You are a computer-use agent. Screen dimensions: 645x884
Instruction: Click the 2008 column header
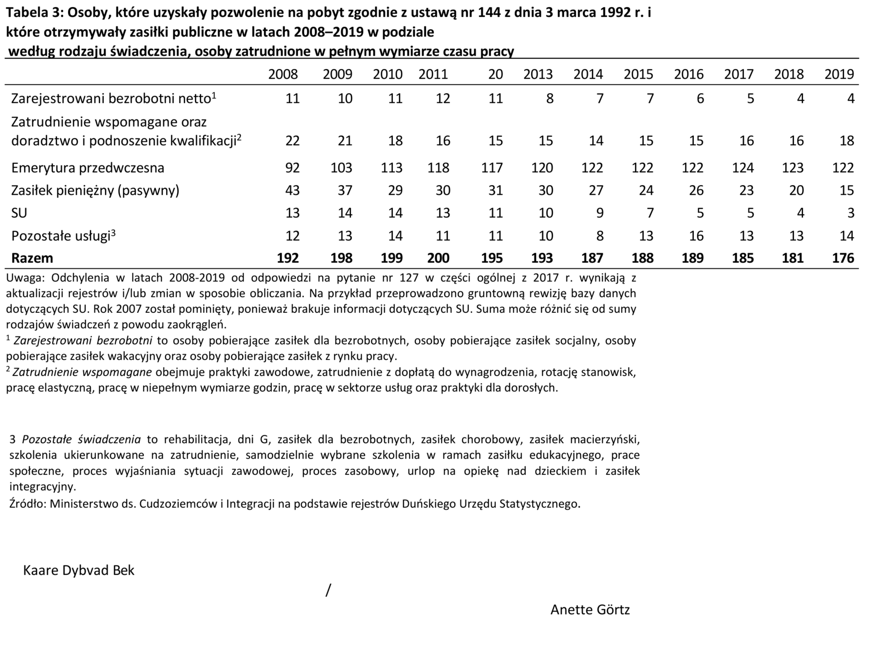(x=283, y=74)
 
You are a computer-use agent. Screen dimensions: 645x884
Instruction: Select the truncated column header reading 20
(x=495, y=74)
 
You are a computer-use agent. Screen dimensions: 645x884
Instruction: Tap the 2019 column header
(x=839, y=74)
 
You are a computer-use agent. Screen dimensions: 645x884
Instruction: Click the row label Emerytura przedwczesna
(x=88, y=168)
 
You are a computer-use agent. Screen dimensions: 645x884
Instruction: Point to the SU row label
(x=19, y=213)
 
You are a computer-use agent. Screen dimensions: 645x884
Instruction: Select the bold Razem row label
(x=32, y=258)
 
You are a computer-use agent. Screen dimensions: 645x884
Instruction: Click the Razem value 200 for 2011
(x=438, y=258)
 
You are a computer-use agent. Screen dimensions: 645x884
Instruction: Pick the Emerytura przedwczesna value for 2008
(x=292, y=168)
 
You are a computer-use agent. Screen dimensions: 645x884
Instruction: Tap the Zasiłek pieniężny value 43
(x=292, y=190)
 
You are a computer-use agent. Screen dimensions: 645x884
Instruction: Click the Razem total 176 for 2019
(x=843, y=258)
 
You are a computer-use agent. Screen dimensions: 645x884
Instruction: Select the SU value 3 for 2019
(x=851, y=213)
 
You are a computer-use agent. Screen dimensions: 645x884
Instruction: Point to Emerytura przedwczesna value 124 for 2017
(x=743, y=168)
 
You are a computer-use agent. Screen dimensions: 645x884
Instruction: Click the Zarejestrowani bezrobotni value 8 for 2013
(x=549, y=98)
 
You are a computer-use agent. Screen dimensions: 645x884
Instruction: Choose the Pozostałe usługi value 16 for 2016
(x=696, y=236)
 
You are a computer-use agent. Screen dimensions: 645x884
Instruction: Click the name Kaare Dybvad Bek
(x=79, y=570)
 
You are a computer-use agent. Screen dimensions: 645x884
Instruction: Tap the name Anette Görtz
(x=590, y=610)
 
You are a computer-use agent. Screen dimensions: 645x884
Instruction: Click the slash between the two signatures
(x=328, y=590)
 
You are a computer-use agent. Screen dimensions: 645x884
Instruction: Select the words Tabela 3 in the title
(x=33, y=12)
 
